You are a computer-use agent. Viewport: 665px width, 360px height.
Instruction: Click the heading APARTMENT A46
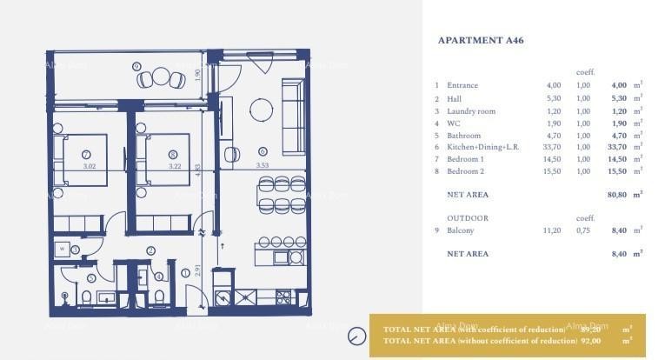tap(481, 40)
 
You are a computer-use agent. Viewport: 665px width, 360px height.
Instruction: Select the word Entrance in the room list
tap(462, 85)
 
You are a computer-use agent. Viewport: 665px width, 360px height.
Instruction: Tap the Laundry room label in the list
tap(471, 110)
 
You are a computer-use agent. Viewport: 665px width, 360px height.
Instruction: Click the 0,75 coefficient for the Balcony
tap(582, 230)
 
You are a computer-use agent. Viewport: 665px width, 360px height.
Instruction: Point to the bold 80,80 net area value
tap(615, 194)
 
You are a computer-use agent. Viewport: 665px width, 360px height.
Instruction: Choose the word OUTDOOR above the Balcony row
tap(468, 218)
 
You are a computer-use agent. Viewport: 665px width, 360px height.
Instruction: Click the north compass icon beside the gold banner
tap(356, 336)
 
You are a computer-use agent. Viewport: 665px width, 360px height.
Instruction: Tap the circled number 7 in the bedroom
tap(88, 154)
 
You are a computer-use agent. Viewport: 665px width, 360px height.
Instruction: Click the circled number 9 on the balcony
tap(137, 66)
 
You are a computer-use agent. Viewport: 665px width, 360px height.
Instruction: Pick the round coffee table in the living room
tap(261, 109)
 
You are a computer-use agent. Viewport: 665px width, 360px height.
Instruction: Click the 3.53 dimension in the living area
tap(262, 165)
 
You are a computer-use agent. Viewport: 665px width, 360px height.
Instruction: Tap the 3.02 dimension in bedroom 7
tap(88, 165)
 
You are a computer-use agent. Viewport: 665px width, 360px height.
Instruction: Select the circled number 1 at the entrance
tap(185, 273)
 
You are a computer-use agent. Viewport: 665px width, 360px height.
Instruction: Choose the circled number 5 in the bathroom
tap(90, 279)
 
